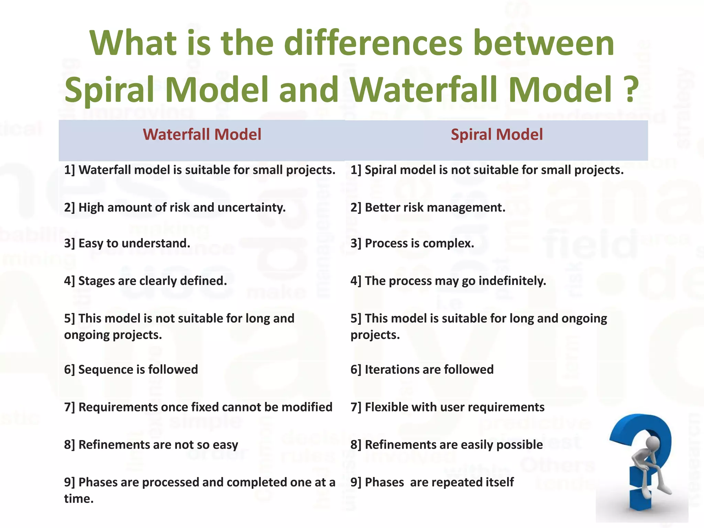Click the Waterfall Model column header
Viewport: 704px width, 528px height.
[x=202, y=134]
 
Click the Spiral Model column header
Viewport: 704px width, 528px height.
[x=497, y=134]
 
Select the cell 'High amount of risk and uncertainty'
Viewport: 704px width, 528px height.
[x=175, y=208]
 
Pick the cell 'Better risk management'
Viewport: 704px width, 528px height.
[x=428, y=208]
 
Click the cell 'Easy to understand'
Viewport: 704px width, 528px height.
[x=127, y=243]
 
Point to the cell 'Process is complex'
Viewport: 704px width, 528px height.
[x=412, y=243]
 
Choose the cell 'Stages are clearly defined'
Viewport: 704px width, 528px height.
[x=145, y=281]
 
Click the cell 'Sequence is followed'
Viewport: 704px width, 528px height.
[x=131, y=370]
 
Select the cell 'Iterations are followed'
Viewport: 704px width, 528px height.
[x=422, y=370]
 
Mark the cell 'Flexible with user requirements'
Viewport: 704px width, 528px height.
[x=447, y=407]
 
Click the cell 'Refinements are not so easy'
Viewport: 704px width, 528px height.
[x=151, y=445]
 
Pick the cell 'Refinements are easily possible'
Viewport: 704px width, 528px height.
[x=447, y=445]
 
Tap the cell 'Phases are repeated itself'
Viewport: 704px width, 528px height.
[x=432, y=482]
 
